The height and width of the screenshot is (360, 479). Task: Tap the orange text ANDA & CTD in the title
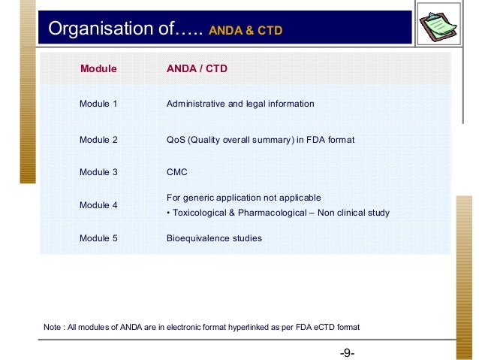pos(246,31)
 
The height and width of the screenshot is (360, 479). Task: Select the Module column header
pos(98,69)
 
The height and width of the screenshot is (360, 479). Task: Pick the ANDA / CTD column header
pos(197,69)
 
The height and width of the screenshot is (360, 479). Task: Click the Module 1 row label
pos(98,104)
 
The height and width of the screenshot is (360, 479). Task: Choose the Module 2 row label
pos(98,139)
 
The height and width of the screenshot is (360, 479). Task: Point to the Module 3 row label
pos(98,172)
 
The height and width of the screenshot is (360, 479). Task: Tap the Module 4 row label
pos(98,204)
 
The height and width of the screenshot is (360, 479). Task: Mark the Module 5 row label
pos(98,238)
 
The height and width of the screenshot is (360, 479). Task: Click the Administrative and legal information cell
pos(239,104)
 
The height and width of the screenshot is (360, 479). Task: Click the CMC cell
pos(176,172)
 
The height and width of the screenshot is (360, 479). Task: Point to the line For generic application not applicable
pos(243,197)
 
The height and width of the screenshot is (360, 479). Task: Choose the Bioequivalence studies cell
pos(214,238)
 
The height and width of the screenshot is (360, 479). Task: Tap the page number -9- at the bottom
pos(346,352)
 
